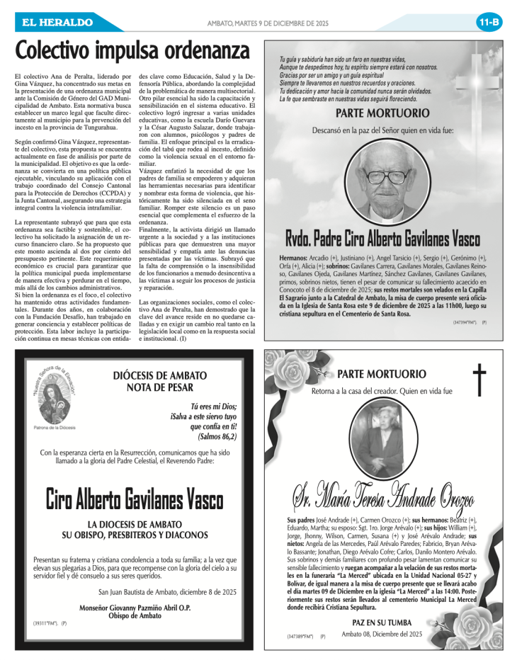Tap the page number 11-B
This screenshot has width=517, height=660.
coord(489,22)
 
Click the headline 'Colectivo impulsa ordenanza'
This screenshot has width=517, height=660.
coord(133,51)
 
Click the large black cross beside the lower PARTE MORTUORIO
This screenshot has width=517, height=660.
coord(480,379)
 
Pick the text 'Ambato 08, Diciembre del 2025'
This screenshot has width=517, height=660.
coord(382,634)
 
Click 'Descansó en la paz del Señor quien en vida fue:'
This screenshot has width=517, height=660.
coord(382,130)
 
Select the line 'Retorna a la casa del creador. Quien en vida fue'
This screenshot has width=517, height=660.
coord(382,391)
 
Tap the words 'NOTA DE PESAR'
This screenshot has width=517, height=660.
coord(160,387)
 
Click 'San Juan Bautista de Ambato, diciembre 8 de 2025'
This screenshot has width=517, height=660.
coord(177,591)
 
